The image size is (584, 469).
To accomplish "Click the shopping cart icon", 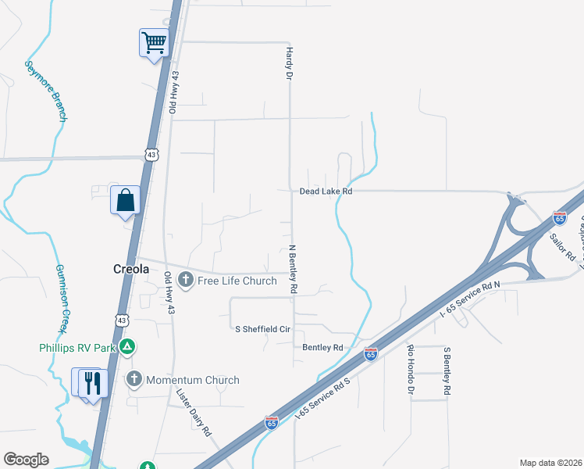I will tap(154, 42).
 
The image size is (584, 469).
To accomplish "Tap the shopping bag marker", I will tap(125, 201).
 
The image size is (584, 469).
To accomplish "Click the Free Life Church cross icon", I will tap(186, 279).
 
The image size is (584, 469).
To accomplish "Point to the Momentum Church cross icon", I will tap(134, 380).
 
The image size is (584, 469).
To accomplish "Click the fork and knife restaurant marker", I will tap(93, 382).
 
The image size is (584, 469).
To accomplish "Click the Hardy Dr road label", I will tap(287, 63).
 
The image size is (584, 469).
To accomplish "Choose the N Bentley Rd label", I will tap(294, 270).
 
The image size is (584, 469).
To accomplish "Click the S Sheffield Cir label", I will tap(262, 329).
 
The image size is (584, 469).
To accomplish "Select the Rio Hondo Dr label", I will tap(410, 368).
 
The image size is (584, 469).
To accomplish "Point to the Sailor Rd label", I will tap(562, 245).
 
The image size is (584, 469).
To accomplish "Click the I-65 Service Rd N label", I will tap(469, 299).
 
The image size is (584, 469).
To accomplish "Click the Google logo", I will tap(26, 460).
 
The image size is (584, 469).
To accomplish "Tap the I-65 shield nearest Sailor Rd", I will tap(560, 218).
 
